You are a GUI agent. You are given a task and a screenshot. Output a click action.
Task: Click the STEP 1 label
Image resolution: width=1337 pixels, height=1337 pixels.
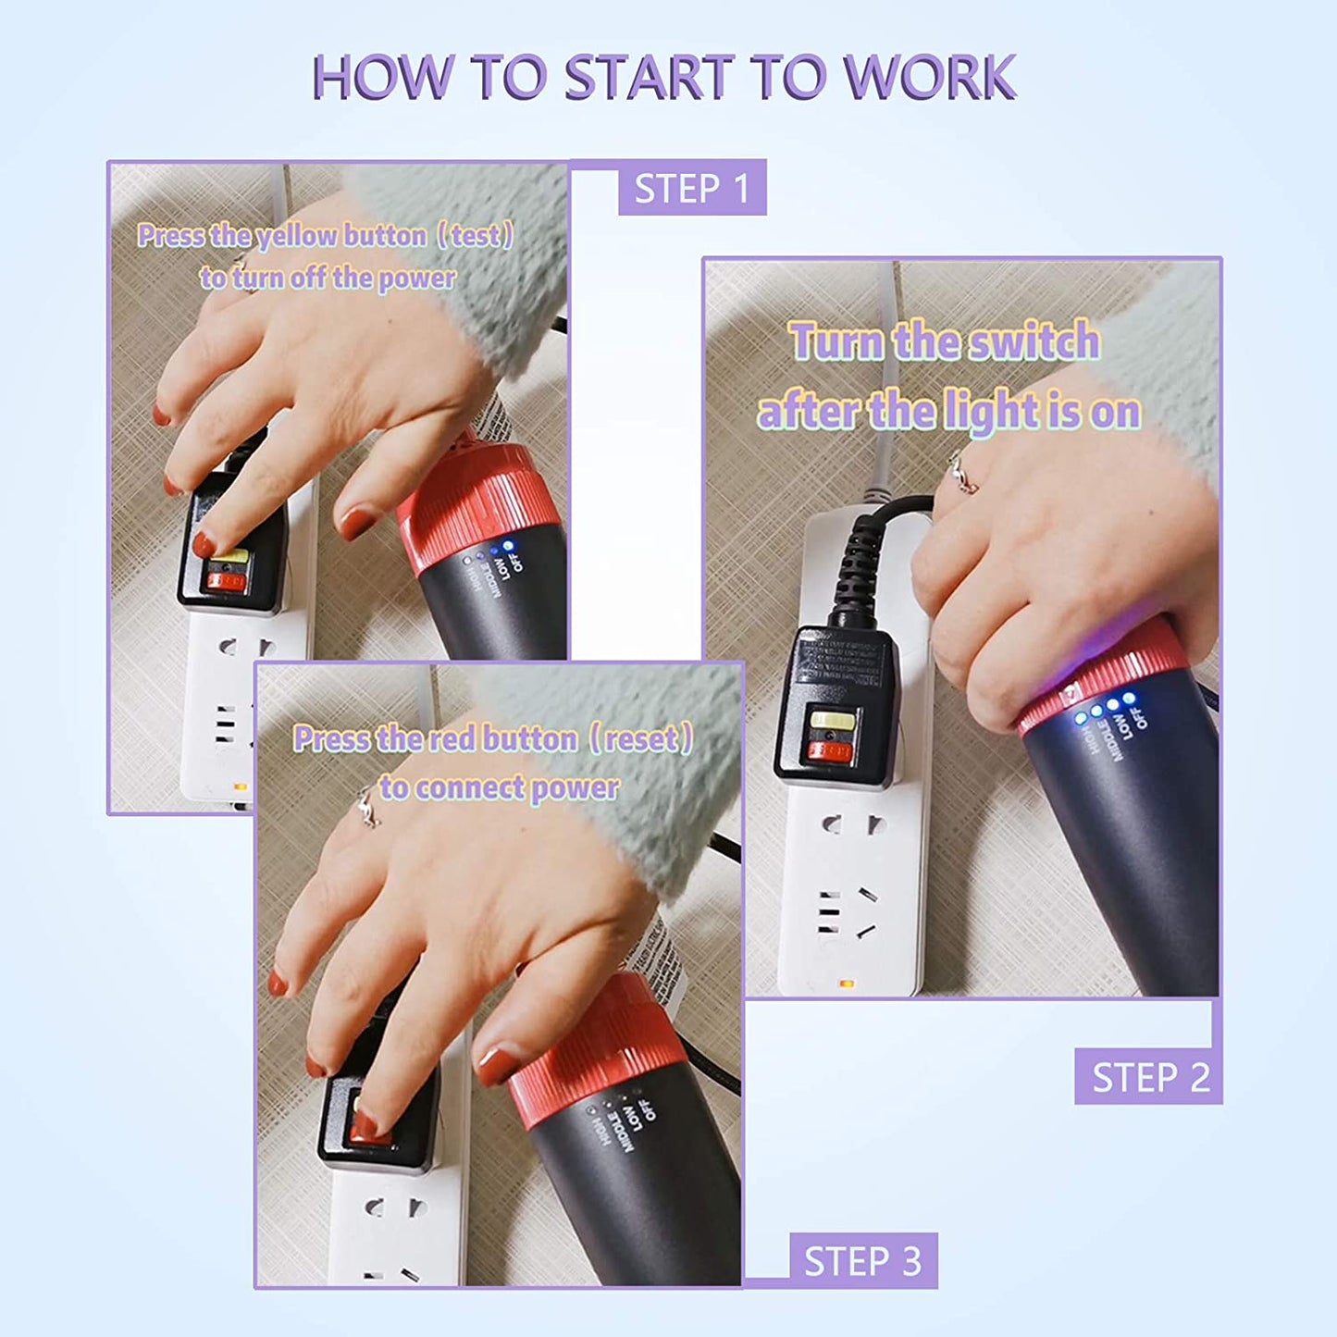pyautogui.click(x=691, y=189)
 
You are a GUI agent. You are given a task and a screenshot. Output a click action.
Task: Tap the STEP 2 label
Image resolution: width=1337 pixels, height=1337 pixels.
pyautogui.click(x=1149, y=1078)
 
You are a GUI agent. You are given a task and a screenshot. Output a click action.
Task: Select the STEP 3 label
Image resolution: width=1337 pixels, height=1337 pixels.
pyautogui.click(x=862, y=1261)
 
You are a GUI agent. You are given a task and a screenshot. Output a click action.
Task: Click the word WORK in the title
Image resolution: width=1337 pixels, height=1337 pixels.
pyautogui.click(x=929, y=78)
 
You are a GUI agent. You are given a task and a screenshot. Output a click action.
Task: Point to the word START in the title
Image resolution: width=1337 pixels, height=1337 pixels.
pyautogui.click(x=649, y=78)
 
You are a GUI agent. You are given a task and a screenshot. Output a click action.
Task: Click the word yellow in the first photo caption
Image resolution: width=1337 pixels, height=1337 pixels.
pyautogui.click(x=297, y=237)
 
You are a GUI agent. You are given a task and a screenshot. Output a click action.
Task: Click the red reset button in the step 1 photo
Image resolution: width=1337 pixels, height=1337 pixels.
pyautogui.click(x=226, y=582)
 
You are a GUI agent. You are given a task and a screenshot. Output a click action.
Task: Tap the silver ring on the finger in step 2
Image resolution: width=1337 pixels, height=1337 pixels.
pyautogui.click(x=961, y=475)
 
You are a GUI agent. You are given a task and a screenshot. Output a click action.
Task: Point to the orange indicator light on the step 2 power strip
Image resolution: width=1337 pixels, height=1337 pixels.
pyautogui.click(x=845, y=983)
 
